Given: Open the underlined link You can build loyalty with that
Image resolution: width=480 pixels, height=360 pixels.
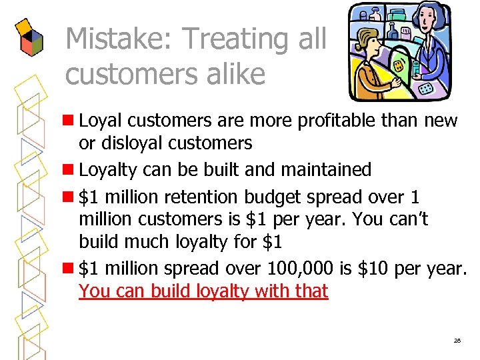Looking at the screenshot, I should (203, 291).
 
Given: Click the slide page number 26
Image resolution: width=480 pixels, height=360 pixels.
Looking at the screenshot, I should (457, 340).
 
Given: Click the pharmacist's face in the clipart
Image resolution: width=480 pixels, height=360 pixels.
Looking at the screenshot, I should (427, 23).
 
